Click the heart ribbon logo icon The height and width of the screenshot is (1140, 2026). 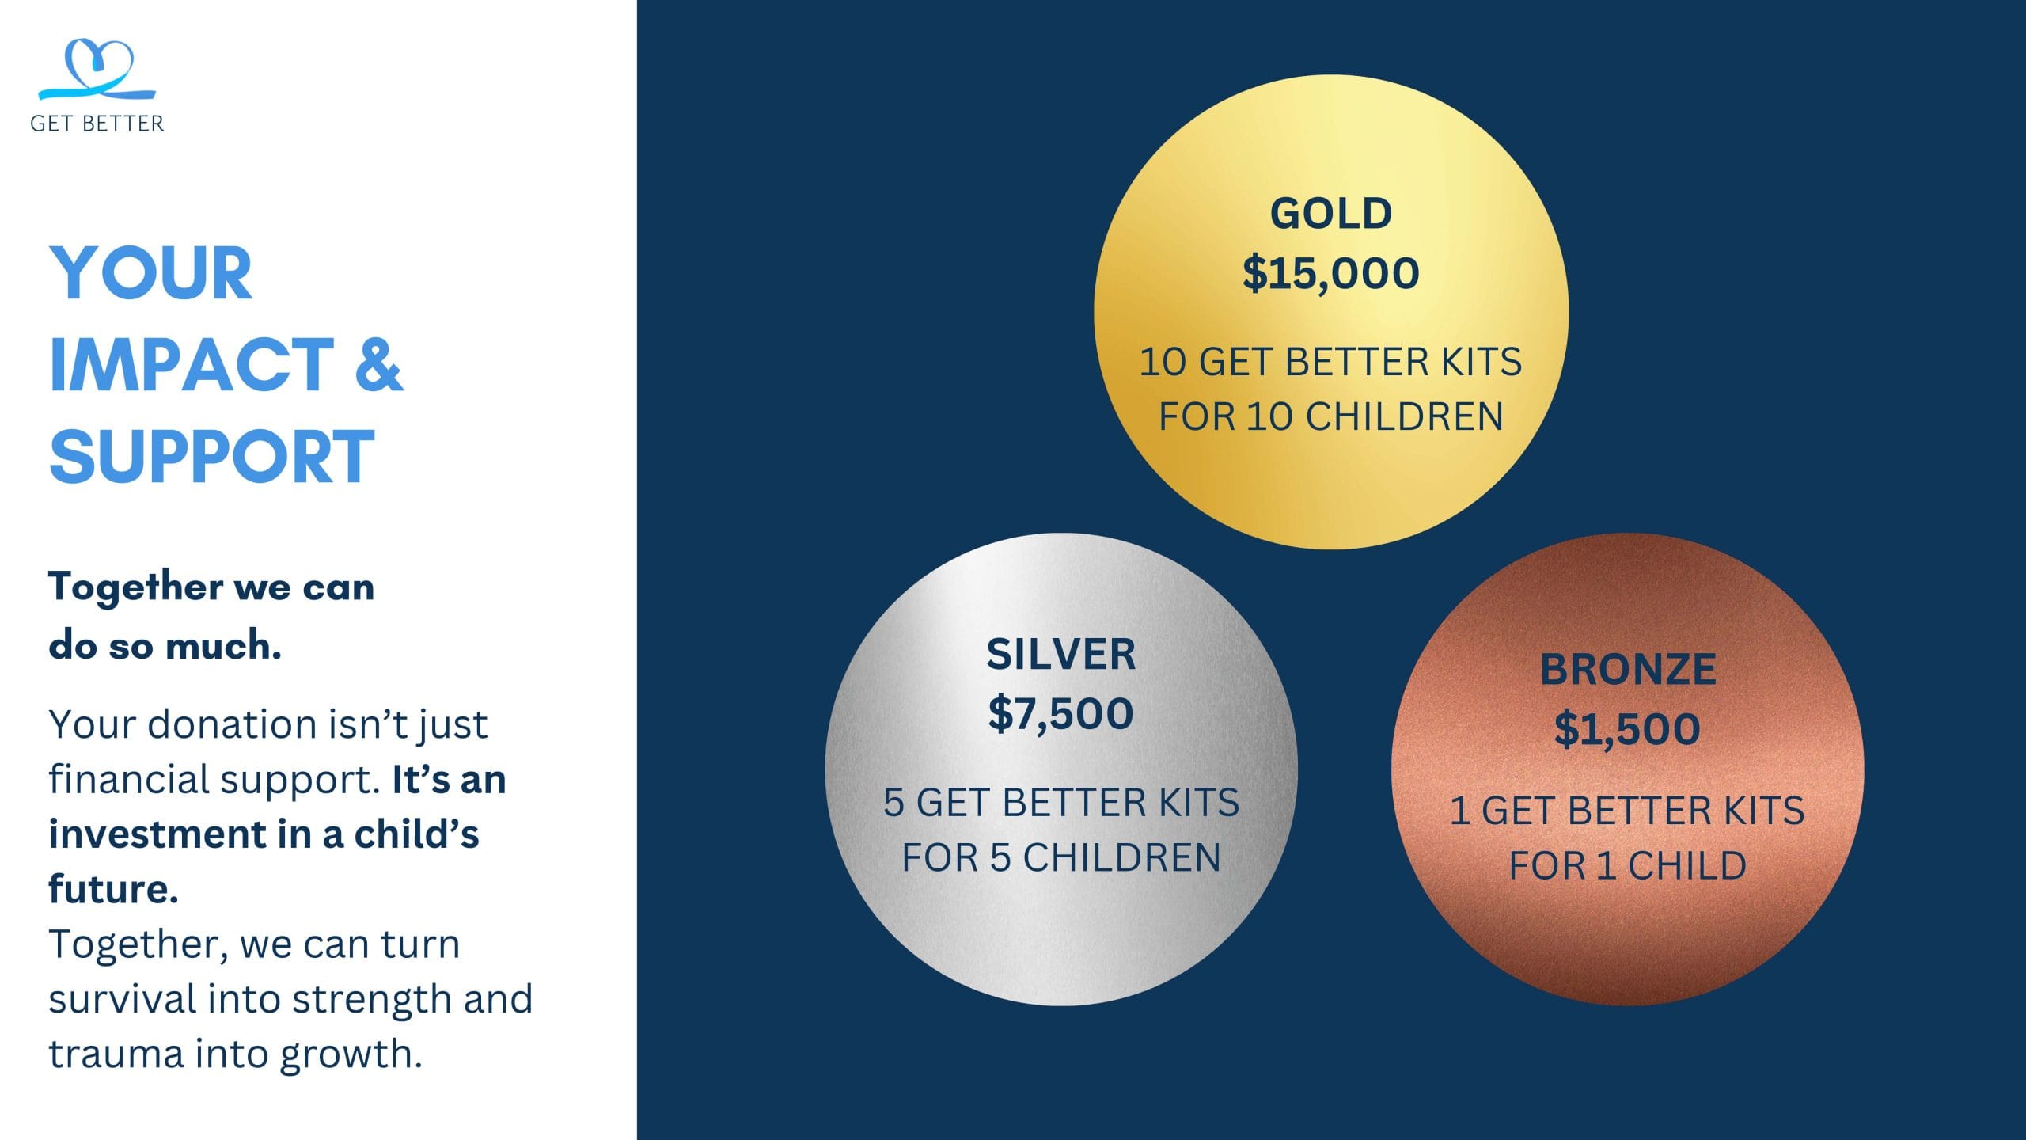97,70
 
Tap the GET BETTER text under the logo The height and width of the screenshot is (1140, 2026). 97,123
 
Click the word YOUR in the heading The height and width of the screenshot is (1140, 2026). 151,273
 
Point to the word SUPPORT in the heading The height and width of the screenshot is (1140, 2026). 212,456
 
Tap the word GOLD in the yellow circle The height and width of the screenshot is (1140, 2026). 1331,214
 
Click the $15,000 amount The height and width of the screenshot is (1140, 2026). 1331,273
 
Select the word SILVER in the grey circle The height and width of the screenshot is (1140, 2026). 1061,655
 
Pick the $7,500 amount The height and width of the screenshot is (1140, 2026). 1061,713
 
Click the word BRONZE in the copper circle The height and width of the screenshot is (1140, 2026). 1628,670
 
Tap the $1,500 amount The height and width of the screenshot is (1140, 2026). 1628,728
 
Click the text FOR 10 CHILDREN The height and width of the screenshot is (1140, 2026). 1331,416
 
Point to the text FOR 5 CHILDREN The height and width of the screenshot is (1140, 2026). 1061,857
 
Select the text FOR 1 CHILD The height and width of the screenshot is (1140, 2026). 1628,865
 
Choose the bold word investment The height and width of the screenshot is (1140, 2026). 157,834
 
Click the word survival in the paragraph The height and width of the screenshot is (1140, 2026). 122,999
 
